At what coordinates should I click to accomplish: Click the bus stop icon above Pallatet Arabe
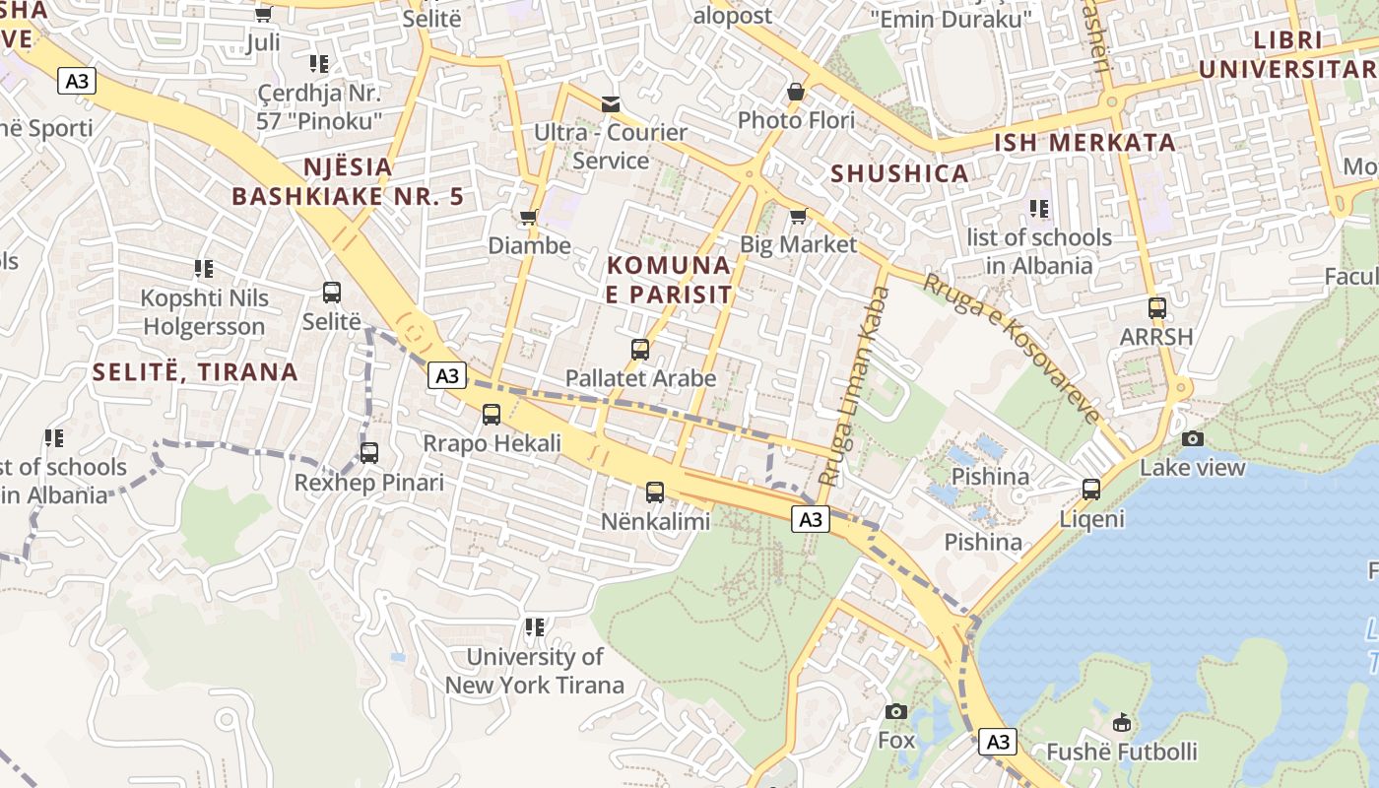tap(640, 350)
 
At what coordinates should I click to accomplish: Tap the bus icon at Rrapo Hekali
tap(492, 415)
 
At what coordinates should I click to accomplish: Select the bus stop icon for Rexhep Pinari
tap(369, 453)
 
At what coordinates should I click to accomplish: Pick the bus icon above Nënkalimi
tap(655, 492)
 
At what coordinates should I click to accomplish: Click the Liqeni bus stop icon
tap(1091, 489)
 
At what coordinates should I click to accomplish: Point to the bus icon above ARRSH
tap(1157, 307)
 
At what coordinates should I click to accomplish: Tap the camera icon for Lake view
tap(1193, 438)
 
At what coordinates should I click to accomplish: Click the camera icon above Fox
tap(896, 711)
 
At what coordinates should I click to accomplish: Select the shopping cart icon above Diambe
tap(529, 217)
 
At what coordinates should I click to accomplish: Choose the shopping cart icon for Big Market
tap(799, 215)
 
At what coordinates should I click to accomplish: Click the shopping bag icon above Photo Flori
tap(796, 92)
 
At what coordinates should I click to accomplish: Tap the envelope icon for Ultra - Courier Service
tap(611, 103)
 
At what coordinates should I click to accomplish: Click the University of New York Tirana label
tap(535, 671)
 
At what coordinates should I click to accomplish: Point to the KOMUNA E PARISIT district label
tap(670, 280)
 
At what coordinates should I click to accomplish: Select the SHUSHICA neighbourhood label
tap(899, 173)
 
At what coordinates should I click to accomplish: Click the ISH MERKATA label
tap(1084, 142)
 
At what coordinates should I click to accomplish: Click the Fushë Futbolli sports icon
tap(1122, 722)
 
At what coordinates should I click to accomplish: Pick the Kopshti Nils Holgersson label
tap(204, 312)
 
